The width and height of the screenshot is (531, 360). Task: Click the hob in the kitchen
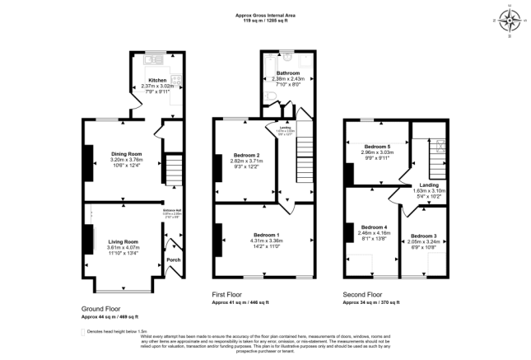point(175,77)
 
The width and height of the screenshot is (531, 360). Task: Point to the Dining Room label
point(127,153)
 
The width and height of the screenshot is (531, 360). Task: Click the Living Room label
point(123,241)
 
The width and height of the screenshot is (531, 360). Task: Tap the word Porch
point(173,260)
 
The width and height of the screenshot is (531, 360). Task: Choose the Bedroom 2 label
point(247,156)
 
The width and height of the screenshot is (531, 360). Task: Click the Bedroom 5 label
point(377,147)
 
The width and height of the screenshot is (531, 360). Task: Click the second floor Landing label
point(428,185)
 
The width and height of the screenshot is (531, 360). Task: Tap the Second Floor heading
point(363,293)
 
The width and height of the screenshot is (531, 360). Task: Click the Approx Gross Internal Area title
point(264,14)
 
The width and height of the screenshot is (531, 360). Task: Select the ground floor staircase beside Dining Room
point(172,169)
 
